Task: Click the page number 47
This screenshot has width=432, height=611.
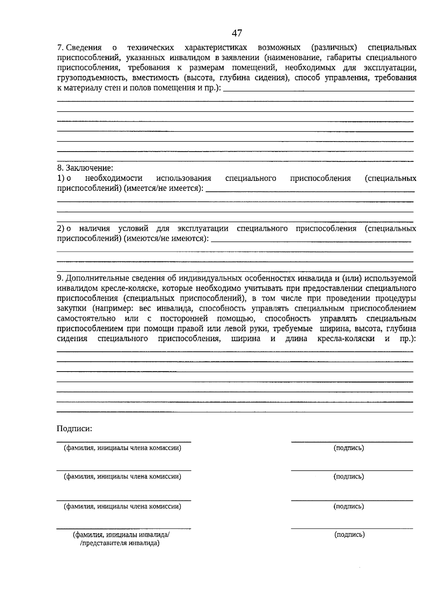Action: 237,33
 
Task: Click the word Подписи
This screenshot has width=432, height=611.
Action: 74,429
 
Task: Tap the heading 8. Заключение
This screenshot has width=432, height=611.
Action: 85,168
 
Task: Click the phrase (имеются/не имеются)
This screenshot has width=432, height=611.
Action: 166,238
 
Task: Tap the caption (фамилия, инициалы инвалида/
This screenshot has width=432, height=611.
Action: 121,535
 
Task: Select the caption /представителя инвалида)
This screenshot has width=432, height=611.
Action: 120,543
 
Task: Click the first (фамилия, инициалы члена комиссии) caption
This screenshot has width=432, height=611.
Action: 122,448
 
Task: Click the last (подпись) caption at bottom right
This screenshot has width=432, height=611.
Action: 349,535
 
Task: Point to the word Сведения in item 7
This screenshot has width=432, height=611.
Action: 84,48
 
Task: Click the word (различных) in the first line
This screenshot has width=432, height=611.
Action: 335,48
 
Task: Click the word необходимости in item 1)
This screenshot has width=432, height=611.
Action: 114,178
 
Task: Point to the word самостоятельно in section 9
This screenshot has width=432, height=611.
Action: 86,319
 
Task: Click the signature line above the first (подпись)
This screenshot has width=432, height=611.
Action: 352,441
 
